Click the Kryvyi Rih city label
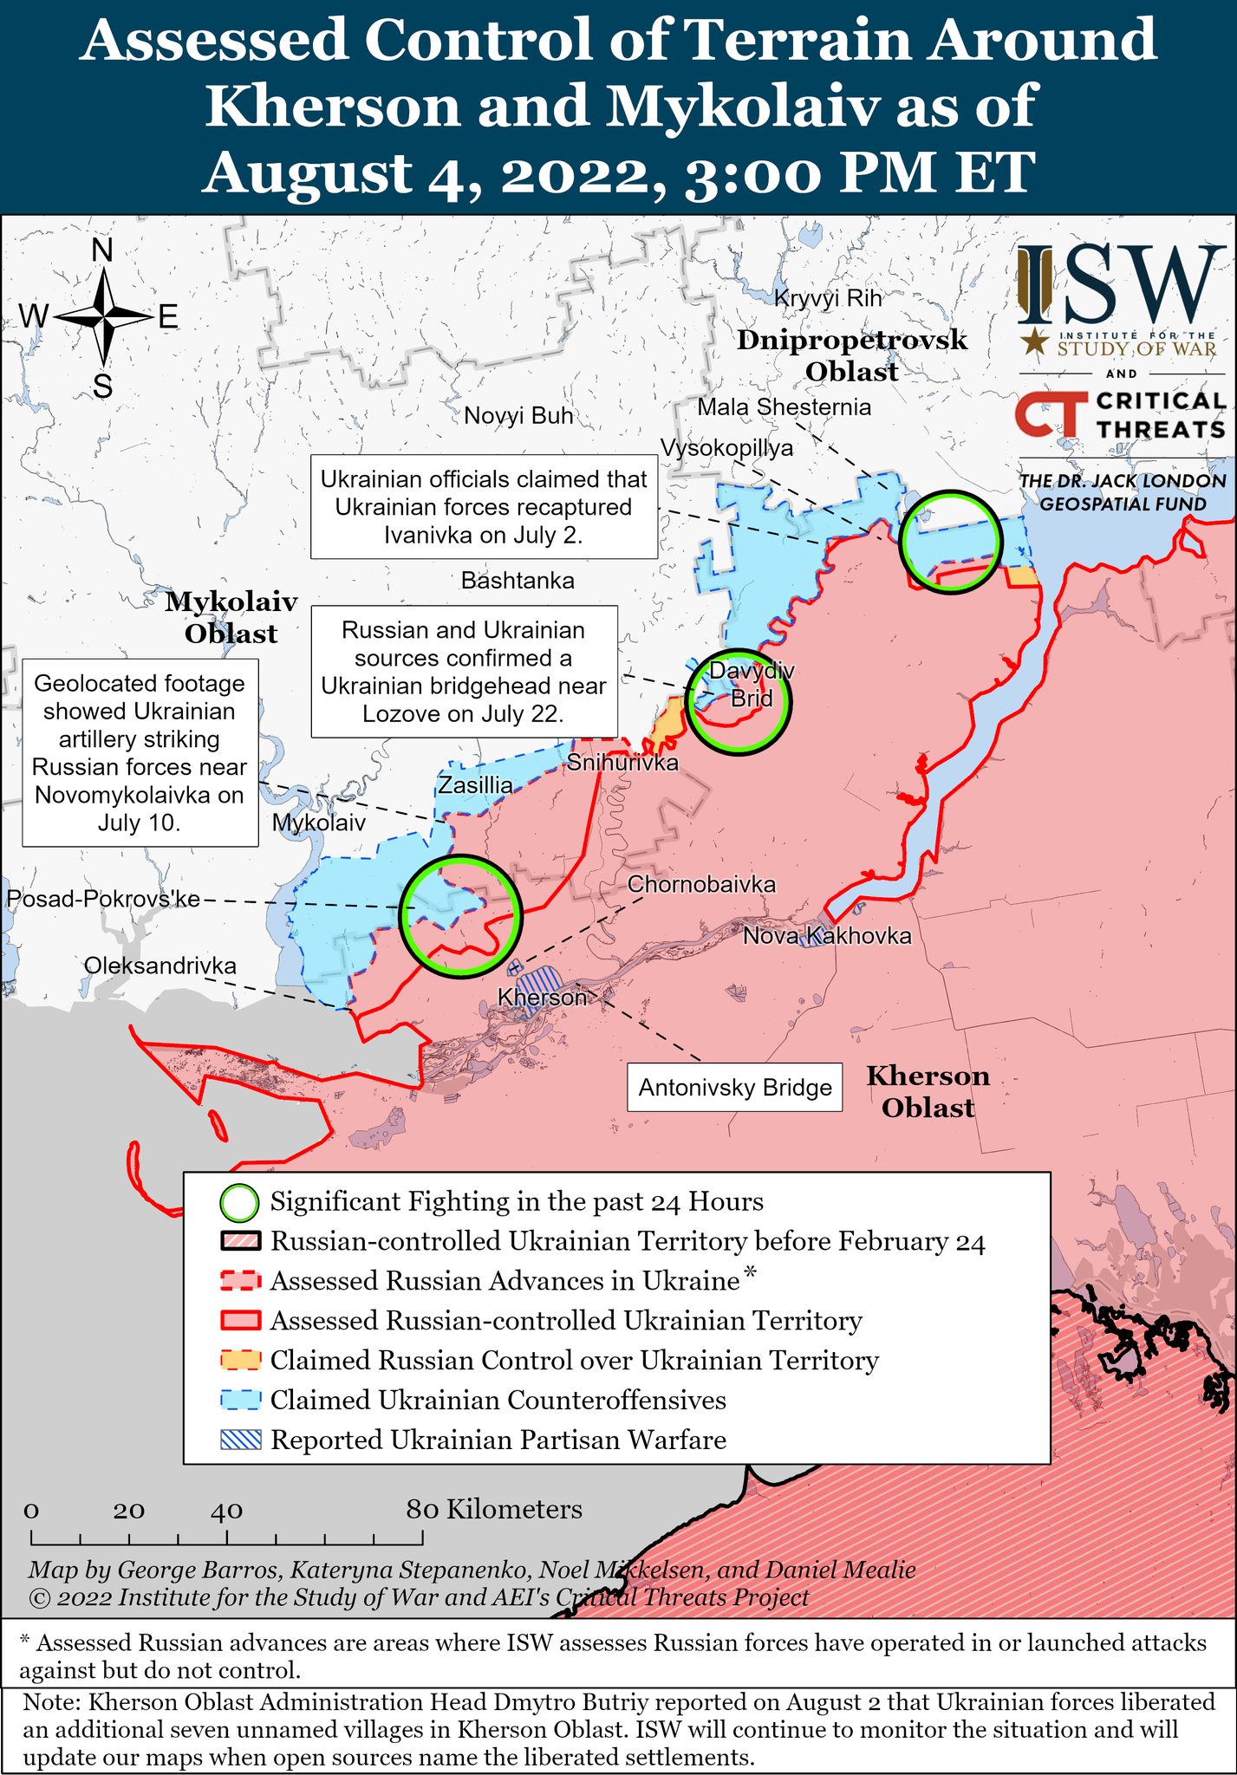pyautogui.click(x=827, y=299)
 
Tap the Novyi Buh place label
pyautogui.click(x=518, y=416)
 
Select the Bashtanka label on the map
pyautogui.click(x=518, y=581)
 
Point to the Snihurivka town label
pyautogui.click(x=622, y=763)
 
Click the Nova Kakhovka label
pyautogui.click(x=827, y=936)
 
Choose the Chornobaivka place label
pyautogui.click(x=701, y=885)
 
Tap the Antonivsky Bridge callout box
pyautogui.click(x=735, y=1088)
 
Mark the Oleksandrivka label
pyautogui.click(x=160, y=966)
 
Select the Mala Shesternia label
pyautogui.click(x=785, y=407)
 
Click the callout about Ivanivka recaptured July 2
pyautogui.click(x=484, y=507)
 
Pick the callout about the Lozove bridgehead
pyautogui.click(x=464, y=672)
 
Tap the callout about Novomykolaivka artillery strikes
pyautogui.click(x=140, y=752)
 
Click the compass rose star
pyautogui.click(x=103, y=317)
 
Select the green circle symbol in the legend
pyautogui.click(x=239, y=1202)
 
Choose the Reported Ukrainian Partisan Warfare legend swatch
pyautogui.click(x=240, y=1440)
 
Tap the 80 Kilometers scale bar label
pyautogui.click(x=494, y=1510)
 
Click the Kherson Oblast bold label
pyautogui.click(x=928, y=1092)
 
